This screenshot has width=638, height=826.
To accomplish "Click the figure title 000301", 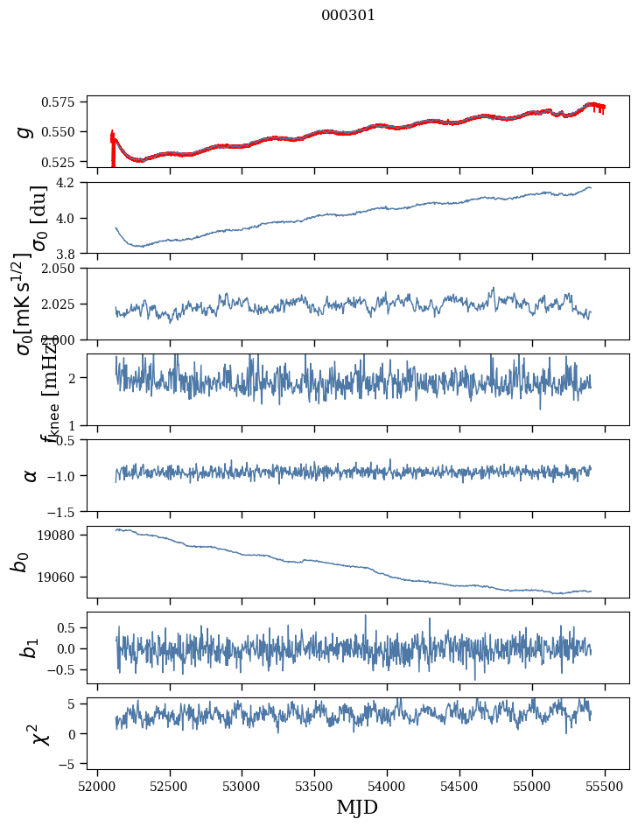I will [x=348, y=16].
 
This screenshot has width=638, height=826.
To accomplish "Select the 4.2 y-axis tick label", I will [x=70, y=183].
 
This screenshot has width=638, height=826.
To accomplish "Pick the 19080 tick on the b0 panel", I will [x=64, y=535].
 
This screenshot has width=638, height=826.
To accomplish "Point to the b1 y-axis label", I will [x=29, y=647].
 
